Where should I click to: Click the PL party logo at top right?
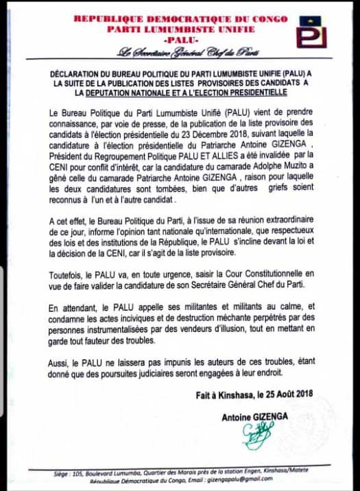(x=311, y=32)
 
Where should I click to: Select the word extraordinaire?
(x=287, y=214)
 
